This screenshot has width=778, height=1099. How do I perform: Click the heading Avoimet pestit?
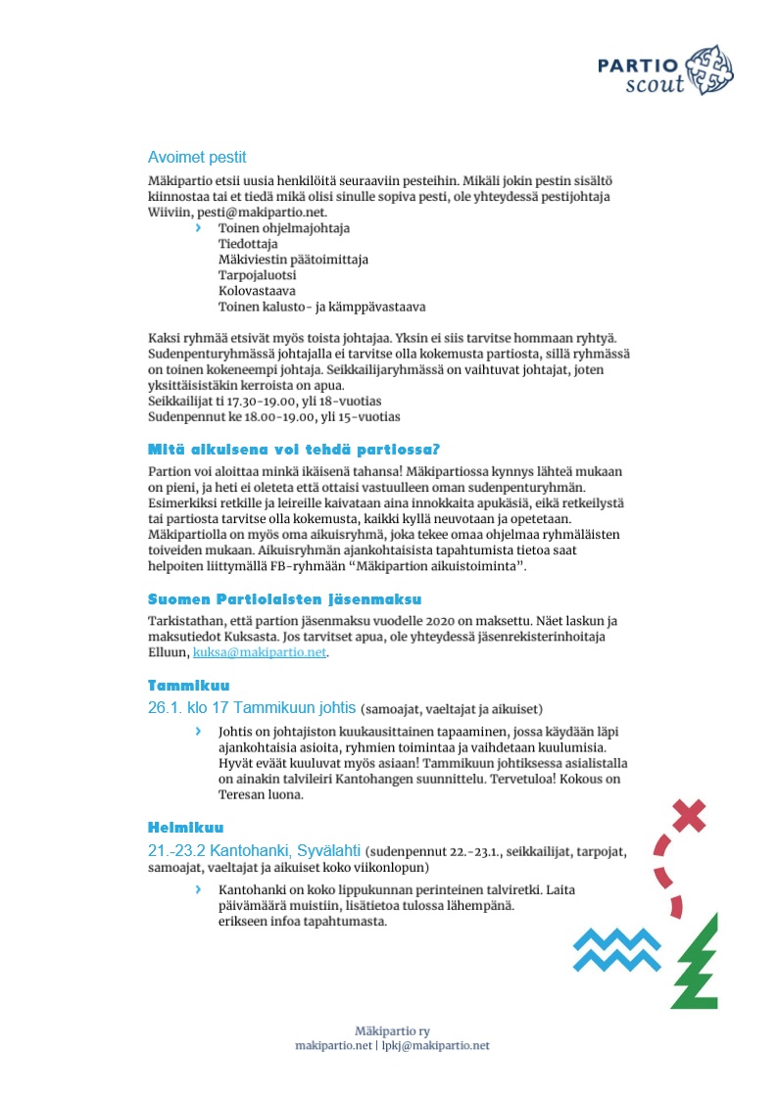(197, 157)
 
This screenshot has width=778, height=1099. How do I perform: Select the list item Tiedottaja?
(248, 244)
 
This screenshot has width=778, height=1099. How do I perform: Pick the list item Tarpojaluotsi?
(257, 275)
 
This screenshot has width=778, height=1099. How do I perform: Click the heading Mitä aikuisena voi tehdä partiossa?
(294, 451)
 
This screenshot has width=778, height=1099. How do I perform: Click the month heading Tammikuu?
(188, 685)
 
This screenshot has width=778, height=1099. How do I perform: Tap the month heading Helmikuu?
(186, 828)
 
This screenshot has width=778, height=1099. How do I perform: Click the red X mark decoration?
(690, 814)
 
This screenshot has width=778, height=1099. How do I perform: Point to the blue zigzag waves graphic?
(617, 949)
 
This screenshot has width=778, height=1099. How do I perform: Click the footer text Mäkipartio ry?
(392, 1030)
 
